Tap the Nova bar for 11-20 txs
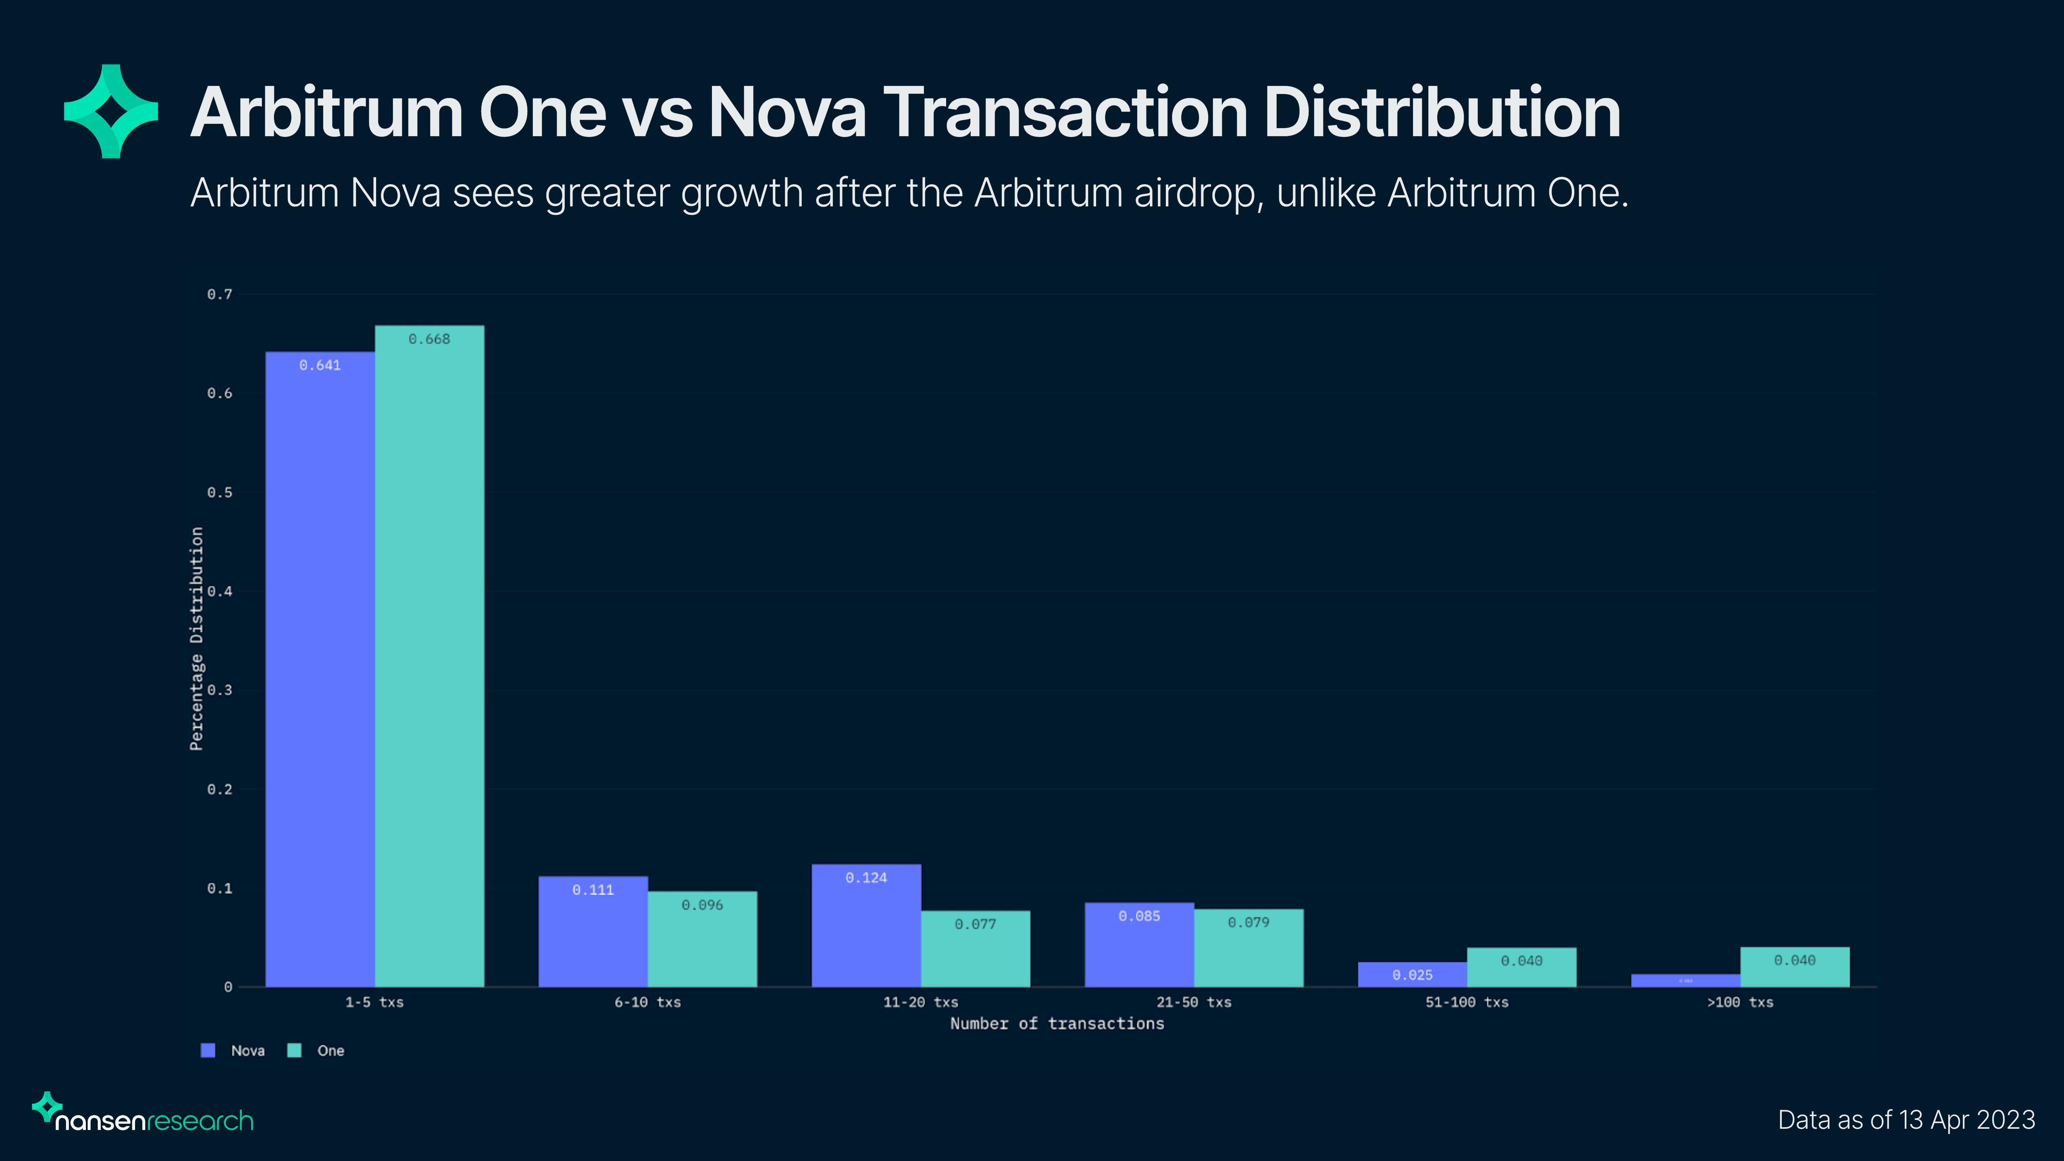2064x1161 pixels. (866, 926)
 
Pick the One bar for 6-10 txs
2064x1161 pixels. (702, 939)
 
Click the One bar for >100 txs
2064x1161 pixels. (1795, 967)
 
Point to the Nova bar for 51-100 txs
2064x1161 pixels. (1412, 974)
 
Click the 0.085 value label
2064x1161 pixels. (1138, 916)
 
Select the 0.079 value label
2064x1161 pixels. (1248, 922)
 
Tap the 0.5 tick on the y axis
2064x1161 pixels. (220, 492)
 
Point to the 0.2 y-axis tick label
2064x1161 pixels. (220, 789)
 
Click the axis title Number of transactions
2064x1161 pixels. (1057, 1023)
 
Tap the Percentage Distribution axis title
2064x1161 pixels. (196, 639)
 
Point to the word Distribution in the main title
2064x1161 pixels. (1442, 112)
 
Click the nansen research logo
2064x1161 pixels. (143, 1114)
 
